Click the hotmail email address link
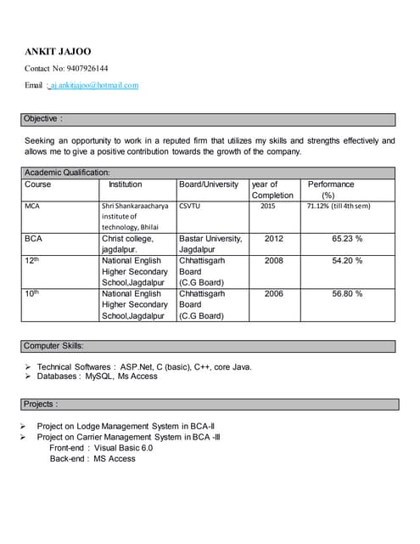click(x=94, y=85)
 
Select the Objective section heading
click(x=42, y=118)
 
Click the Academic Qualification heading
click(x=67, y=173)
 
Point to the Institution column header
click(x=126, y=184)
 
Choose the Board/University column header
click(x=209, y=184)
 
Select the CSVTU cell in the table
click(x=190, y=206)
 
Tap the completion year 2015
click(x=267, y=206)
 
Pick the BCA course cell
click(x=33, y=239)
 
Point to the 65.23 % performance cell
click(x=347, y=239)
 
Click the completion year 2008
click(x=274, y=261)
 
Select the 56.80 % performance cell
click(x=347, y=293)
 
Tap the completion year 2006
click(x=274, y=293)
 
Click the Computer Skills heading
click(x=53, y=346)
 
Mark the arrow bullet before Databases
click(x=28, y=376)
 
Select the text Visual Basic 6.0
click(x=124, y=447)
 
